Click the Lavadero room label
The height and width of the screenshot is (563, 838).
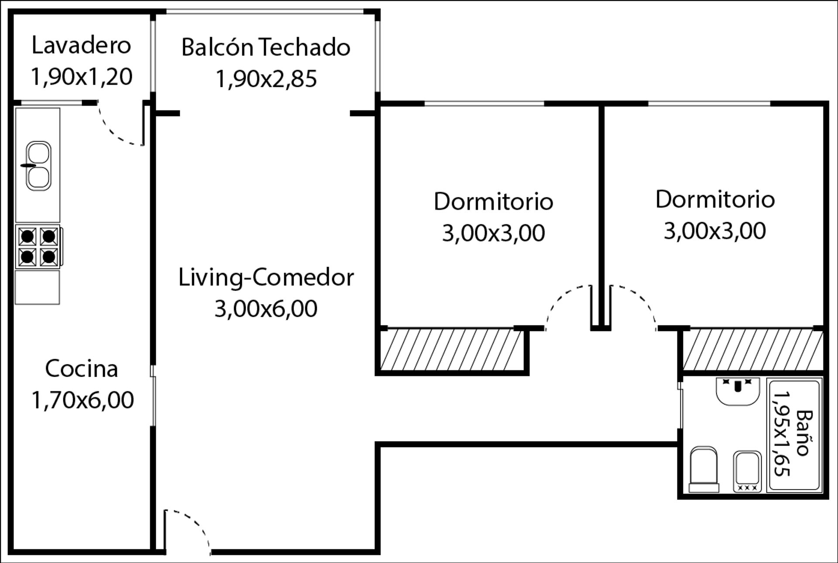pyautogui.click(x=81, y=46)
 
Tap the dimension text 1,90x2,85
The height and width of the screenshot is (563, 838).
pyautogui.click(x=266, y=79)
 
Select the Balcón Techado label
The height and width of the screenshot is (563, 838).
pyautogui.click(x=266, y=47)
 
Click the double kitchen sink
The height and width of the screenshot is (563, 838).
pyautogui.click(x=38, y=166)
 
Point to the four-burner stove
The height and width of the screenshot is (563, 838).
pyautogui.click(x=38, y=247)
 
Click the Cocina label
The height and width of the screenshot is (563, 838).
pyautogui.click(x=82, y=369)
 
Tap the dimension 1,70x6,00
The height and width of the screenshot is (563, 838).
pyautogui.click(x=82, y=400)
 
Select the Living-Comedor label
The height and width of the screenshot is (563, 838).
pyautogui.click(x=266, y=278)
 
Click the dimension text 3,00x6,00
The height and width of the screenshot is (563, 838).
pyautogui.click(x=266, y=309)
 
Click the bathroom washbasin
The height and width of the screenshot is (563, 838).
pyautogui.click(x=738, y=391)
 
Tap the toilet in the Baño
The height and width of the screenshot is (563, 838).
pyautogui.click(x=704, y=469)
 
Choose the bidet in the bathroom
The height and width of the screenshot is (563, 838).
pyautogui.click(x=747, y=472)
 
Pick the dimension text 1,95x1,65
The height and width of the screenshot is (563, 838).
pyautogui.click(x=781, y=433)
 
